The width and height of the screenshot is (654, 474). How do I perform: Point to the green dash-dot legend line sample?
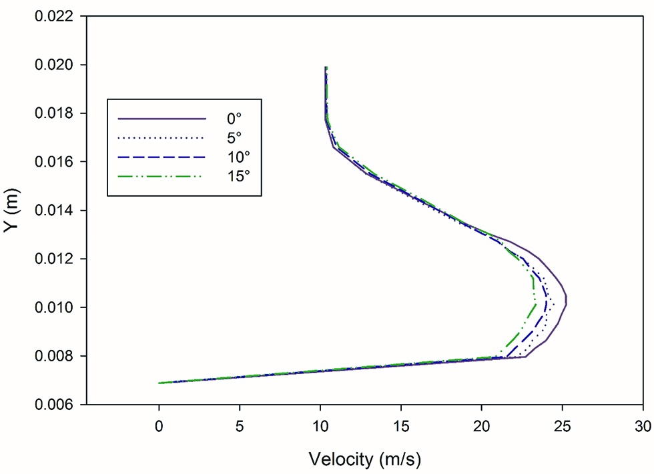(x=161, y=177)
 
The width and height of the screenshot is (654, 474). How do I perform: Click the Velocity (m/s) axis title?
(x=365, y=459)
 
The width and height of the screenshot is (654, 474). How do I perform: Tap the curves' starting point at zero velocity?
(x=159, y=383)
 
